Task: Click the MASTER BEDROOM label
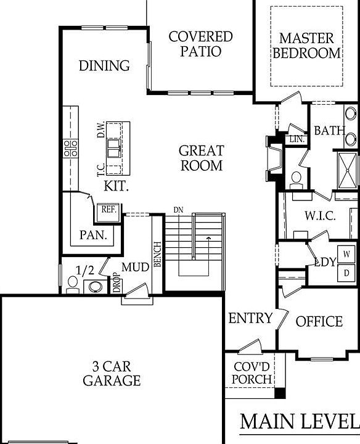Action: [307, 45]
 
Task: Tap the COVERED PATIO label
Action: [200, 44]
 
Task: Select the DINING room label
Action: [104, 65]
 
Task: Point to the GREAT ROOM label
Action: [201, 158]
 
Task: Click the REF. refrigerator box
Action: [108, 210]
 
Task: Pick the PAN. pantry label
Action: [94, 235]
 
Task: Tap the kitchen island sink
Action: [115, 148]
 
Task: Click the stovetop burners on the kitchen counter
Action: [70, 147]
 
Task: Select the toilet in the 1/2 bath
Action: [72, 284]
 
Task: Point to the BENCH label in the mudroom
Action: [157, 253]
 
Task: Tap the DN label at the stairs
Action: [178, 210]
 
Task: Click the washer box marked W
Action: [347, 253]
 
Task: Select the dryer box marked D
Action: [347, 272]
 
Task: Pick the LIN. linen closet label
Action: [297, 140]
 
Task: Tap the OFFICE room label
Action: [319, 321]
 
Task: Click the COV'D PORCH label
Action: [253, 372]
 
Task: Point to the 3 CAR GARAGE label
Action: [112, 372]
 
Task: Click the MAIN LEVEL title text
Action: [299, 422]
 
